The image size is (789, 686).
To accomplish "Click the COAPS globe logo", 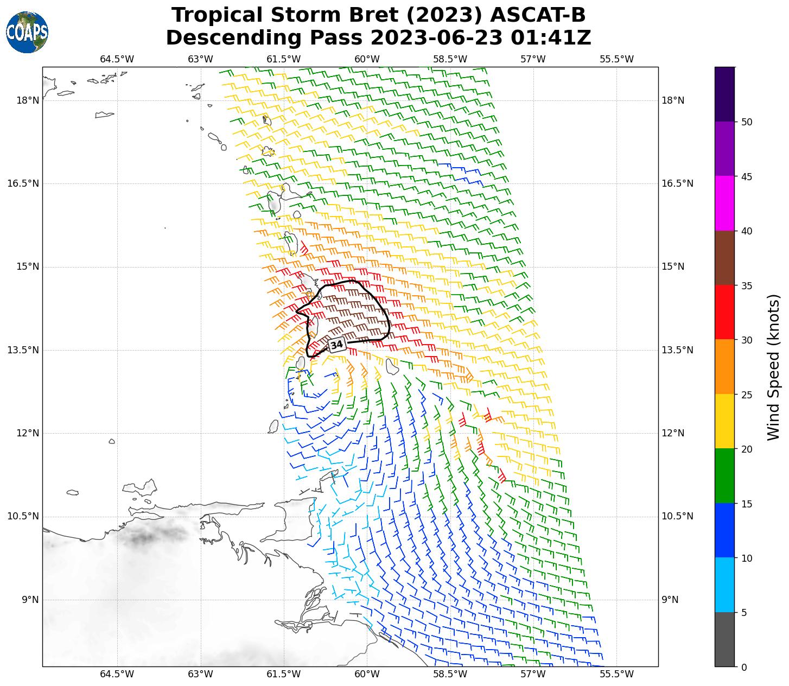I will [27, 33].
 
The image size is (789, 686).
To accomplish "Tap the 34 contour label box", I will [336, 345].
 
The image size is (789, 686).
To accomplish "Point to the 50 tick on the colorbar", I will [747, 122].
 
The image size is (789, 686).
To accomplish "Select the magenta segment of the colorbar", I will [724, 203].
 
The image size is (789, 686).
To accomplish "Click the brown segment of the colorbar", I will [724, 258].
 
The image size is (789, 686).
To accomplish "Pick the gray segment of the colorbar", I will [724, 639].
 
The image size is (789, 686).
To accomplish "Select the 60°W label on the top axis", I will [367, 59].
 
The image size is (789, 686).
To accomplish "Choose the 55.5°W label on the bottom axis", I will [616, 674].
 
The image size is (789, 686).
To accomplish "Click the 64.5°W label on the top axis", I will [117, 59].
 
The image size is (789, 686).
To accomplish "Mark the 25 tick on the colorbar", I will [747, 395].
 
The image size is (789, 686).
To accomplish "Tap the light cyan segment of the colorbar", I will [724, 585].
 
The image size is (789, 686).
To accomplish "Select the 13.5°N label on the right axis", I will [677, 350].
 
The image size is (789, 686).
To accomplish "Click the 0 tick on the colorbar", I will [744, 667].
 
